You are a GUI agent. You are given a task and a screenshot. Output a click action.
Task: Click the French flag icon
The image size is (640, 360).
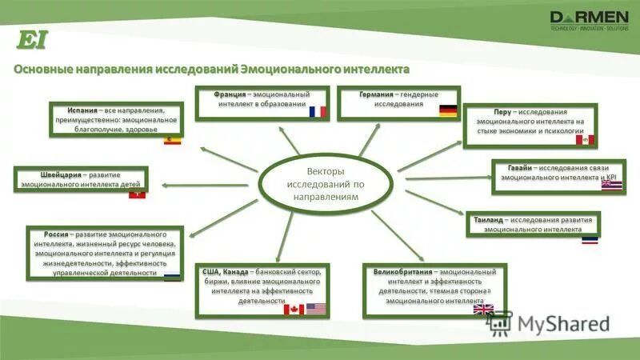click(x=318, y=112)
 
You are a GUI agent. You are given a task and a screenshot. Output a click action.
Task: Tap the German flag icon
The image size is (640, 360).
click(x=448, y=111)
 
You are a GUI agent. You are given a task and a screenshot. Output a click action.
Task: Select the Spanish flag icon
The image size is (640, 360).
click(x=173, y=140)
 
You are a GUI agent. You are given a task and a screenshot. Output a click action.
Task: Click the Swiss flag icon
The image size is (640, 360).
click(x=138, y=193)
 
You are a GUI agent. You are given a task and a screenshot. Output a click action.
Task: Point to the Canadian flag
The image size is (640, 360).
click(x=294, y=308)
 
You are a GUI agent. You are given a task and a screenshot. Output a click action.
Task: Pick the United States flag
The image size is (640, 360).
click(x=317, y=308)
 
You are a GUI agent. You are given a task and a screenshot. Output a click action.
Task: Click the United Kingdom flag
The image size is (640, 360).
click(x=484, y=309)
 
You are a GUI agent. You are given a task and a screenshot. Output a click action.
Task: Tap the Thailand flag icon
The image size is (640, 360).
click(x=590, y=238)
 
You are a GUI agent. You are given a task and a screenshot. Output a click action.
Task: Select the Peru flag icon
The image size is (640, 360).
click(x=585, y=141)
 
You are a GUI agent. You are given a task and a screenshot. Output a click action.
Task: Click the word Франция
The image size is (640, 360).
click(x=230, y=94)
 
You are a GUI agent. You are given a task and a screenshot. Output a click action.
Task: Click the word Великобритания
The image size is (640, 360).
click(x=402, y=272)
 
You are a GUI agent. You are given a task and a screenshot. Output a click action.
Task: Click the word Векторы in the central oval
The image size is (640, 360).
click(x=326, y=172)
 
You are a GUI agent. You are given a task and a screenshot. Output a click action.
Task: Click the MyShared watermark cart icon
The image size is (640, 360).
click(x=499, y=323)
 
